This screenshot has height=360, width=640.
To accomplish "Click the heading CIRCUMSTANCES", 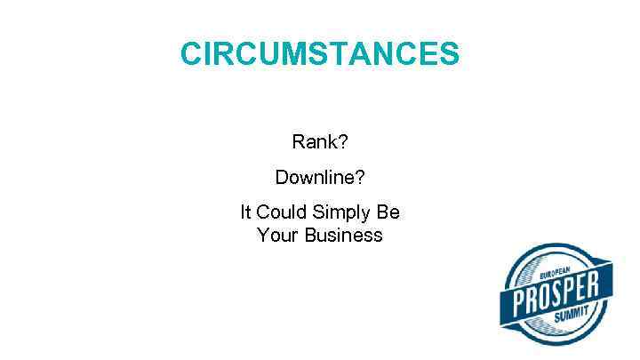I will pyautogui.click(x=320, y=53).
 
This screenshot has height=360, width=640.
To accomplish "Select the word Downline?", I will pyautogui.click(x=319, y=178).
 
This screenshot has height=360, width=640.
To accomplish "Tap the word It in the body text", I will pyautogui.click(x=245, y=212).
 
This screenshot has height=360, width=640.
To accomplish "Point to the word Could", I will pyautogui.click(x=281, y=212).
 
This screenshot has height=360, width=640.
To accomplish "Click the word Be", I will pyautogui.click(x=389, y=212).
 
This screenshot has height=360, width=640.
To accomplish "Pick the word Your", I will pyautogui.click(x=277, y=236).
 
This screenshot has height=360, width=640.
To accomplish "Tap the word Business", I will pyautogui.click(x=343, y=236).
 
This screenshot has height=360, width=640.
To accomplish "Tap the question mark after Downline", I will pyautogui.click(x=359, y=178).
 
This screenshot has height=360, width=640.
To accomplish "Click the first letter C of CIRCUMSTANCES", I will pyautogui.click(x=191, y=53).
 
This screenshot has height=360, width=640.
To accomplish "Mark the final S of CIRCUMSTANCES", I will pyautogui.click(x=449, y=53).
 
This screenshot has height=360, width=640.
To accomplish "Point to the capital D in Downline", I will pyautogui.click(x=282, y=178).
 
